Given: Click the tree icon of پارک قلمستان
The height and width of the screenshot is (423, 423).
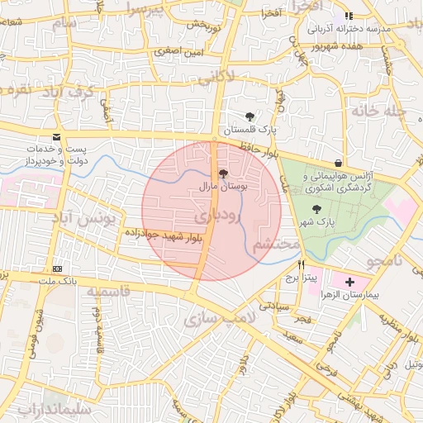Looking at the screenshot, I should pos(250,116).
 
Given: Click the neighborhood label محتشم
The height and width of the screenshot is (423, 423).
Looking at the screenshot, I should pos(274,245).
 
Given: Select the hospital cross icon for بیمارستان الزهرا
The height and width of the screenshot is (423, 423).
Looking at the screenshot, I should pos(349,283).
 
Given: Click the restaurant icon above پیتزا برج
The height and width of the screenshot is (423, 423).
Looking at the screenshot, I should pos(301,265).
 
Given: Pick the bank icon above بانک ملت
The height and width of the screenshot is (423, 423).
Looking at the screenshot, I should pos(57,269).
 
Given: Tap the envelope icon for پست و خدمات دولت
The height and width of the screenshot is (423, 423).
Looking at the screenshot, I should pos(56,136).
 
